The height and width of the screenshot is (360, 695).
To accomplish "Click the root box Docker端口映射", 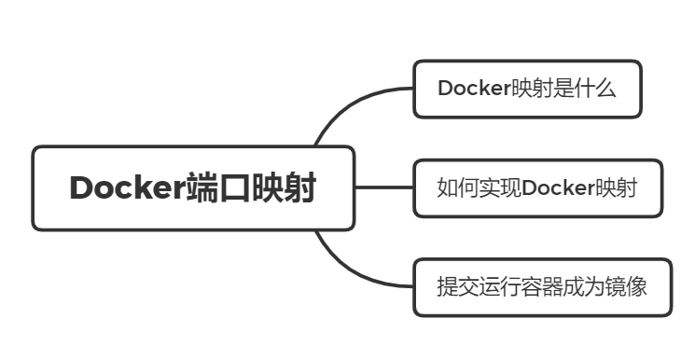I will pyautogui.click(x=193, y=188).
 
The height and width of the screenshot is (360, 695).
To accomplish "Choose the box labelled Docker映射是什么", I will pyautogui.click(x=527, y=89).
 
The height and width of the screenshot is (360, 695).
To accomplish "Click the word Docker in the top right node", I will pyautogui.click(x=471, y=89).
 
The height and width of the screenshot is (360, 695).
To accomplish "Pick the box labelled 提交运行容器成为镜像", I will pyautogui.click(x=542, y=286).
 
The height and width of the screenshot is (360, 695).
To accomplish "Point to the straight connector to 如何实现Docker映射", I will pyautogui.click(x=384, y=187).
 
